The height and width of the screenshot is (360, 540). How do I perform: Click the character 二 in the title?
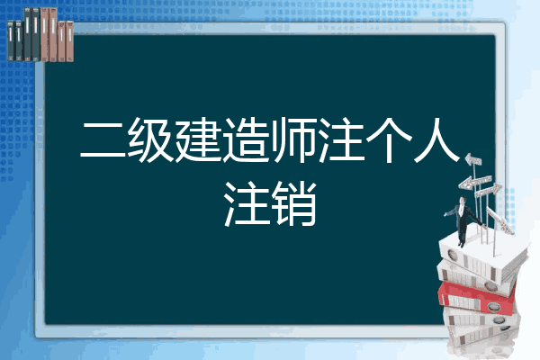[x=103, y=139]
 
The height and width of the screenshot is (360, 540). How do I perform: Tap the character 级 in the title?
[x=151, y=139]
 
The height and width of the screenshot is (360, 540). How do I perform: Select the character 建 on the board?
[x=198, y=139]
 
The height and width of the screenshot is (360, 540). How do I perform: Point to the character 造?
[x=246, y=139]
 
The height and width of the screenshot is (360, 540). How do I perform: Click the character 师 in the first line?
[x=293, y=139]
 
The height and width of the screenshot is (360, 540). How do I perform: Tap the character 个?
[x=389, y=139]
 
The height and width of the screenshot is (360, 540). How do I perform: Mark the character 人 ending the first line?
[x=436, y=139]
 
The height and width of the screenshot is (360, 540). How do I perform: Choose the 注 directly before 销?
[x=247, y=203]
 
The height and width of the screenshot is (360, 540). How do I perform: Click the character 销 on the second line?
[x=293, y=203]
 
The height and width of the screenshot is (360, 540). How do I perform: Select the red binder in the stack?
[x=476, y=297]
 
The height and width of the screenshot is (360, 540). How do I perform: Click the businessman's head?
[x=463, y=200]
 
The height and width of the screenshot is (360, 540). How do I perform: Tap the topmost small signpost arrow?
[x=472, y=159]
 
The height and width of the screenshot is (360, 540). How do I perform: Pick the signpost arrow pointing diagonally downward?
[x=499, y=220]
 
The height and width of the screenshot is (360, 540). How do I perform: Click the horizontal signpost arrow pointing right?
[x=489, y=191]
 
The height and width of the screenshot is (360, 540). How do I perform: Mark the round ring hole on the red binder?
[x=493, y=306]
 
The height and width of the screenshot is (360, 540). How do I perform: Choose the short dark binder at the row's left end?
[x=11, y=41]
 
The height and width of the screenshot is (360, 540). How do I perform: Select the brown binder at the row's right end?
[x=70, y=41]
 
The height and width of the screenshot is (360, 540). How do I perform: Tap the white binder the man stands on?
[x=482, y=255]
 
